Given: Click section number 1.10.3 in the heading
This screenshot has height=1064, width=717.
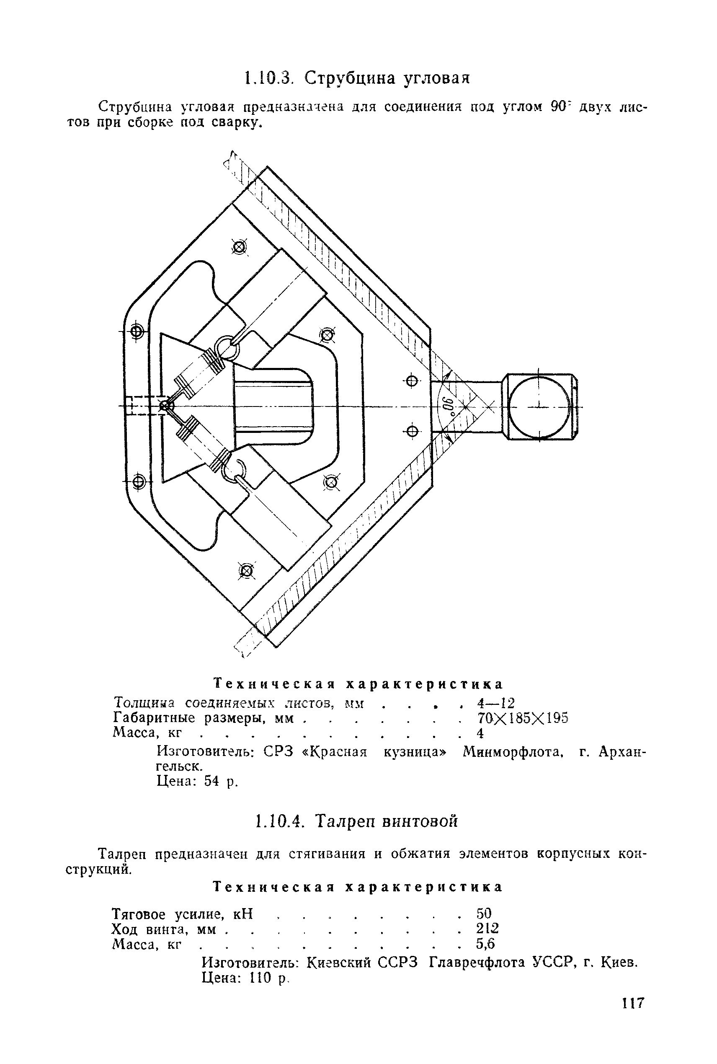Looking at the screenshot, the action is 268,78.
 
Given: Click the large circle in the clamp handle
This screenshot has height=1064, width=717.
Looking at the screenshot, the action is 539,406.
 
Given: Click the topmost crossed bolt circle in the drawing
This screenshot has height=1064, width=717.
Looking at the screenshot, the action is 239,248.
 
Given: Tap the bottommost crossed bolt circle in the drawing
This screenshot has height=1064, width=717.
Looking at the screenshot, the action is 246,570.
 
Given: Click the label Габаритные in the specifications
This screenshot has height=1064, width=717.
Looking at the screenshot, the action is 154,718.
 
